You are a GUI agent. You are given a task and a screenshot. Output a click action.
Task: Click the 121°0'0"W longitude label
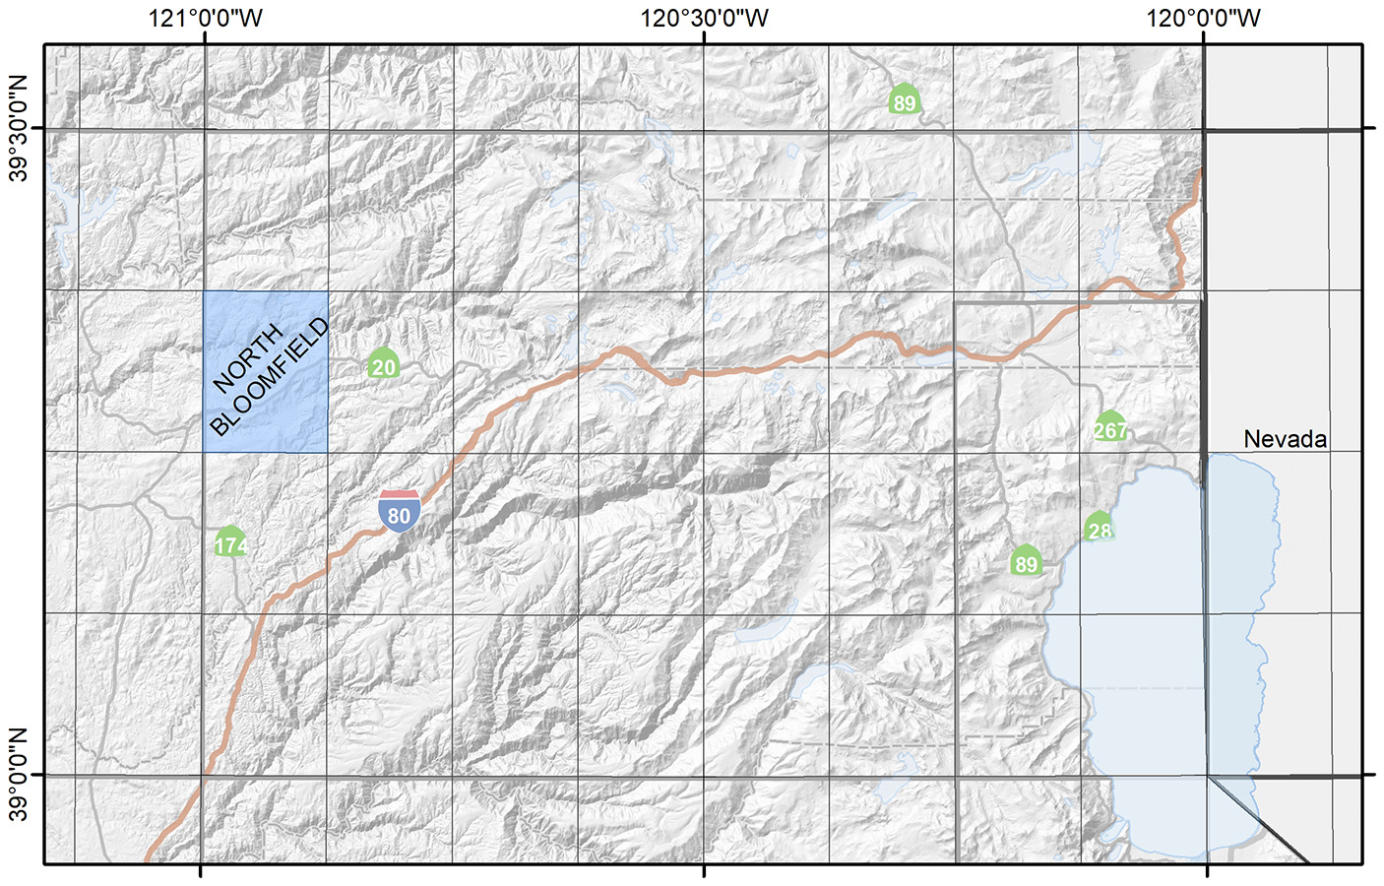point(206,18)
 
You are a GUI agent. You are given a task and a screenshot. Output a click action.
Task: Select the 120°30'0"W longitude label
point(704,18)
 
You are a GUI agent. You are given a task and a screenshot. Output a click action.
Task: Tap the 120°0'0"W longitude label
point(1203,18)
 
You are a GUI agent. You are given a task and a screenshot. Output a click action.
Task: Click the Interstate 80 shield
point(399,511)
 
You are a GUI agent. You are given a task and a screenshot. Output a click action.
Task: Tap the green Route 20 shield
point(384,364)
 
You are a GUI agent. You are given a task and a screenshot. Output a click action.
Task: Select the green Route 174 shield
point(230,542)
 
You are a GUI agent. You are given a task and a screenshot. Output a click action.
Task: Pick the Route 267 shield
point(1110,427)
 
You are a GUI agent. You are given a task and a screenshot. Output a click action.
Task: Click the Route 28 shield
point(1100,529)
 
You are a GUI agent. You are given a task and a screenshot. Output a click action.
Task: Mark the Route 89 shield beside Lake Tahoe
point(1026,561)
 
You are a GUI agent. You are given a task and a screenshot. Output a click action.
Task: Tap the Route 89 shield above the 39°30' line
point(904,99)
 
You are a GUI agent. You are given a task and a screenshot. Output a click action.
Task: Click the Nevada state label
point(1285,439)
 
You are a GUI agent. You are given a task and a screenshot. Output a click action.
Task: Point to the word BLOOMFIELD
point(270,377)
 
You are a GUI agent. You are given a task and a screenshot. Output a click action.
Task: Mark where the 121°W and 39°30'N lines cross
point(205,129)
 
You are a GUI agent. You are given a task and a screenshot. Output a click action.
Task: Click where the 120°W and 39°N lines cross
point(1207,776)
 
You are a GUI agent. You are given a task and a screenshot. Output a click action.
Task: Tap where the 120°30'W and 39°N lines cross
point(704,776)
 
